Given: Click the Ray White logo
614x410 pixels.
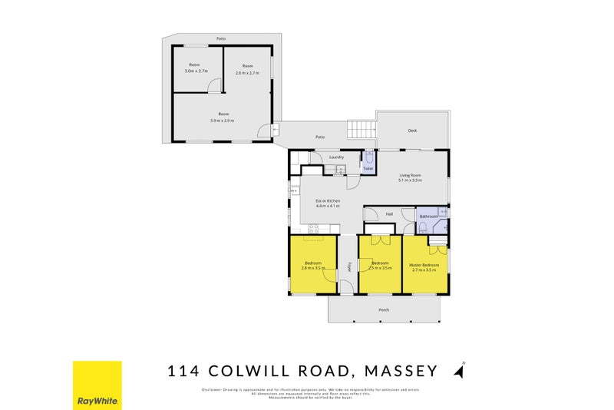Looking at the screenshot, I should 97,386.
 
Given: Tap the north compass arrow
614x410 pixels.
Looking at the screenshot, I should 459,371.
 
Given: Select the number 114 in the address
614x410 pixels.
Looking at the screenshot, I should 184,372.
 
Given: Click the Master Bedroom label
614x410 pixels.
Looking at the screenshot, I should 424,264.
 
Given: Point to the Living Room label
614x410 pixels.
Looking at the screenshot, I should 410,175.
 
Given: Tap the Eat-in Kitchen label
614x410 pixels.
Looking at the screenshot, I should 328,201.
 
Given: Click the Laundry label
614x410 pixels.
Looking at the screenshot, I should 336,157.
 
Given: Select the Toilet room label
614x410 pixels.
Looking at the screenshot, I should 368,168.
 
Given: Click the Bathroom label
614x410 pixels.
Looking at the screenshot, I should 427,217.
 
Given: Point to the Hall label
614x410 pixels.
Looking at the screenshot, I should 389,213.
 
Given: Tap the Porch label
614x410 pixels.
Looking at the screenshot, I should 384,309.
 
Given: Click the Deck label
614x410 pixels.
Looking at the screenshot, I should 412,131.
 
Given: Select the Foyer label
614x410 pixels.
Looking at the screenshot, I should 348,267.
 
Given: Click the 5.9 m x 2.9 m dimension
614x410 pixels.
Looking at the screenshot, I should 222,121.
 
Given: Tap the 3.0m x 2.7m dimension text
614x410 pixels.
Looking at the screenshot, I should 196,71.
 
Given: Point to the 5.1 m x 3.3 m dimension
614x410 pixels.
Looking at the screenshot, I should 410,180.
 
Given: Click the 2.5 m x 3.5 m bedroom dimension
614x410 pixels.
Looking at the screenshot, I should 380,268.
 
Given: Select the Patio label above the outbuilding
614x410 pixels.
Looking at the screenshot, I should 220,38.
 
